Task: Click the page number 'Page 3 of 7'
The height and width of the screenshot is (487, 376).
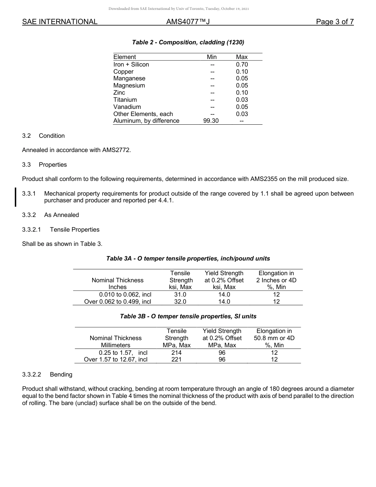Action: (334, 22)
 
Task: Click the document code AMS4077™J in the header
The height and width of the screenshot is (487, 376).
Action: (188, 22)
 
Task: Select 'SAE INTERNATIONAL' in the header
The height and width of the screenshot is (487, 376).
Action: (60, 22)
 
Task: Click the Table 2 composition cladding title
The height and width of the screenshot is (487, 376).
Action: (188, 42)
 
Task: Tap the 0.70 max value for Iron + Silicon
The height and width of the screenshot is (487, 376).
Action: (242, 65)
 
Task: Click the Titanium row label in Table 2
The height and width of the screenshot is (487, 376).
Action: (125, 100)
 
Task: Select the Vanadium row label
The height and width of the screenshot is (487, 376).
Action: (127, 107)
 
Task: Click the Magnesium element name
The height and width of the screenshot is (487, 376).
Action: (129, 86)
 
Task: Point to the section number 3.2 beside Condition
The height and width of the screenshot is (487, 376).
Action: (27, 136)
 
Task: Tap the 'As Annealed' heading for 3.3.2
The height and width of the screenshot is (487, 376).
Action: (61, 215)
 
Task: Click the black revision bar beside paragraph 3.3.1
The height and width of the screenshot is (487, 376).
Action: (15, 197)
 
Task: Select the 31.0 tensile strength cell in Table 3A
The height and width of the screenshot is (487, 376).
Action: (180, 295)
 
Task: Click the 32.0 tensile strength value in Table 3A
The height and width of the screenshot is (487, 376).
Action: (180, 302)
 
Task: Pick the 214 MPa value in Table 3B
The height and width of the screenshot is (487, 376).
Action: (177, 352)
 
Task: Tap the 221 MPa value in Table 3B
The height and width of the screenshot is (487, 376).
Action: (177, 360)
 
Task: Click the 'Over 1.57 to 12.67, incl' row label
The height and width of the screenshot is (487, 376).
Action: (116, 360)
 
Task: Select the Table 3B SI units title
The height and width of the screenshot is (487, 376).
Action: (188, 316)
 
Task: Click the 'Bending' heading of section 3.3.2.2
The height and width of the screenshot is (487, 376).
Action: (61, 375)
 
